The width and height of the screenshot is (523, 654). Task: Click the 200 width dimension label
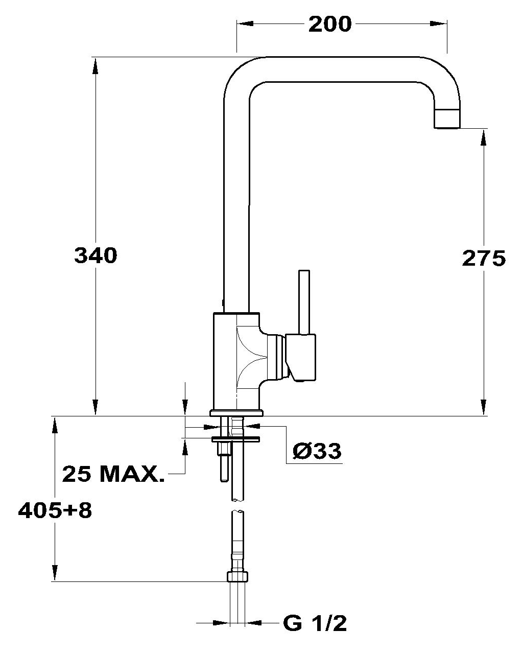[x=330, y=25]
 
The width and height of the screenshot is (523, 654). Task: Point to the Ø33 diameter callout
[x=317, y=451]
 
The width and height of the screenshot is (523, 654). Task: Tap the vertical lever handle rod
[x=304, y=302]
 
